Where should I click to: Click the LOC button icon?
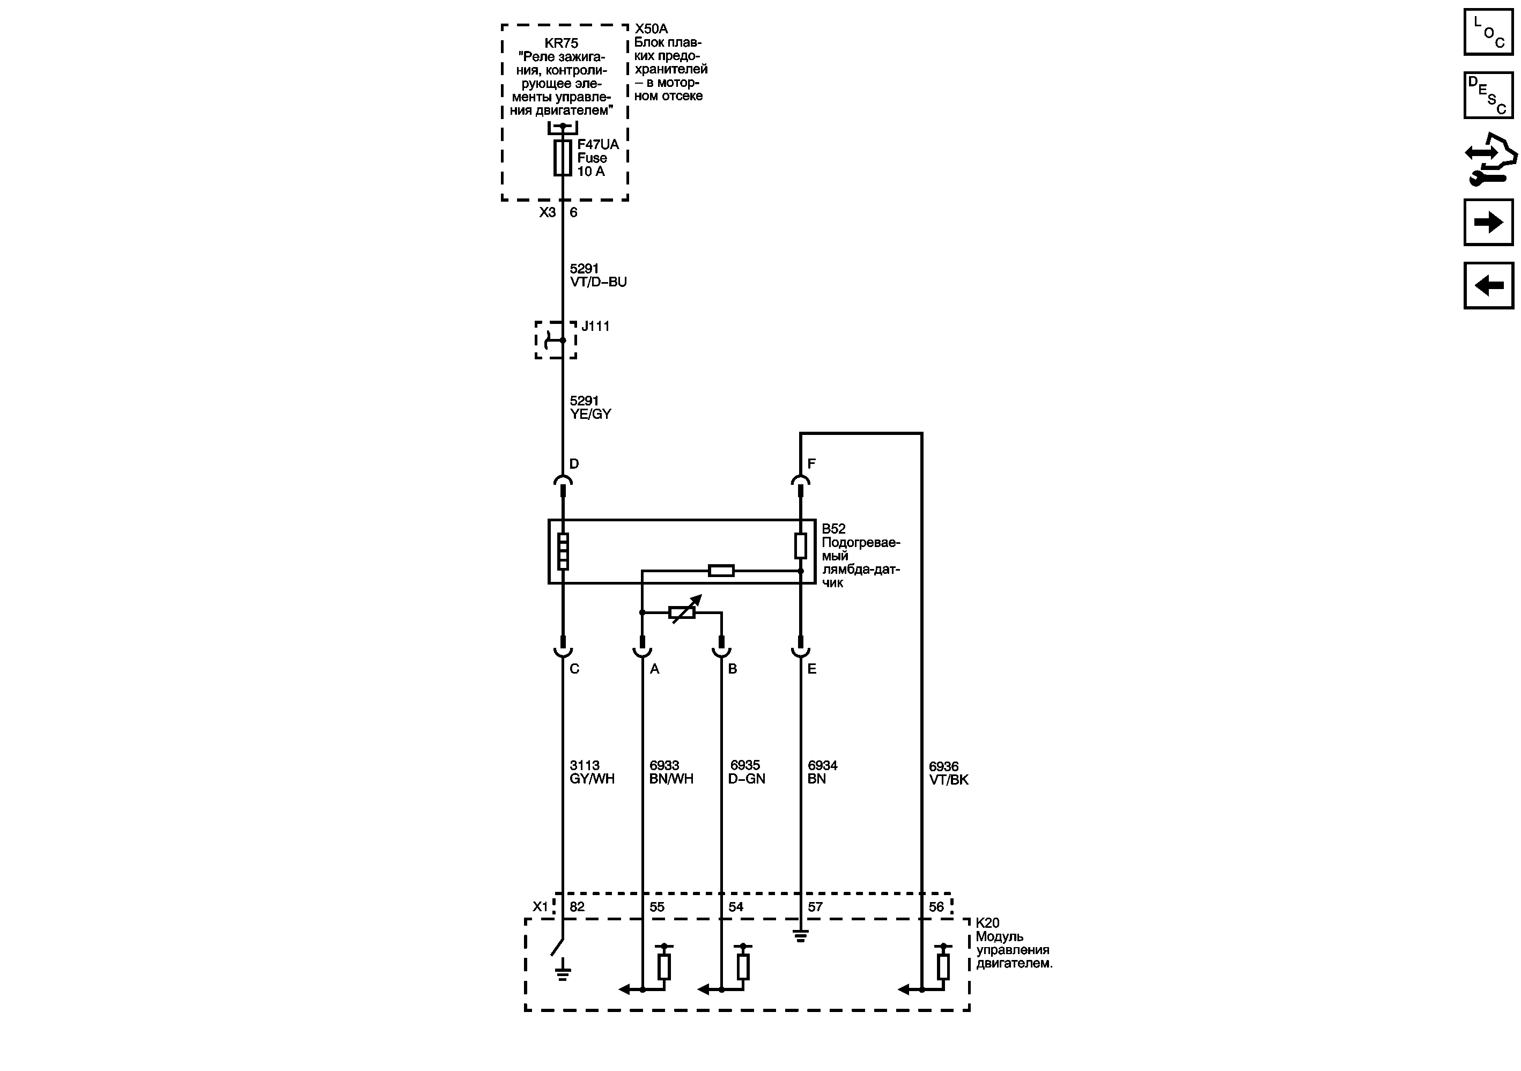point(1488,32)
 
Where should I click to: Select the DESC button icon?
point(1488,95)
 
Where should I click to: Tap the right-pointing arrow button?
point(1488,222)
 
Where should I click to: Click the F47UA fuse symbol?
point(563,158)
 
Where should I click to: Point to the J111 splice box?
point(556,340)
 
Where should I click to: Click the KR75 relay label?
point(562,43)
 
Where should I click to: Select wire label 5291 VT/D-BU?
point(597,275)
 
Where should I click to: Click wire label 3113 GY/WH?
point(592,772)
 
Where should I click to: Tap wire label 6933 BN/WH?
point(671,772)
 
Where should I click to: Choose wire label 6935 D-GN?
point(747,772)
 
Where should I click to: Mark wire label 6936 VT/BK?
point(948,773)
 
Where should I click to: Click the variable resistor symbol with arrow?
point(683,611)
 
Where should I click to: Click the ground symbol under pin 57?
point(800,936)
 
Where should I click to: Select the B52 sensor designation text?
point(833,529)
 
